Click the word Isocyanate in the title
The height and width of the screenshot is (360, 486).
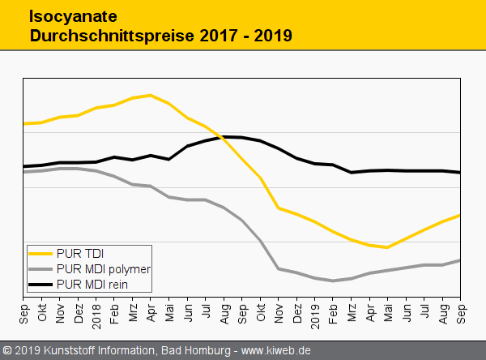[64, 15]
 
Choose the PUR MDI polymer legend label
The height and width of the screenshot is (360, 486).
[104, 268]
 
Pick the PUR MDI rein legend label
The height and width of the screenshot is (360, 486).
[92, 285]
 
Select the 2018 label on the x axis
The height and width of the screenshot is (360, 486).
[97, 313]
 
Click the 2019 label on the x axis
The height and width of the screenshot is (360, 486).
[315, 313]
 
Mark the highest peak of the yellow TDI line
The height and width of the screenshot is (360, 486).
[151, 95]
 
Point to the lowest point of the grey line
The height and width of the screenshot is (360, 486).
[333, 281]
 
